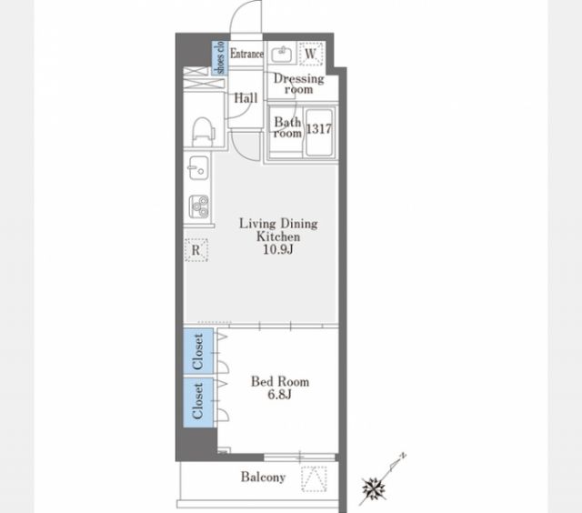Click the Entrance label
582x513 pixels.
[246, 54]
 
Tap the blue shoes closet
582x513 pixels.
[220, 57]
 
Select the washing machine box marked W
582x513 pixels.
[311, 54]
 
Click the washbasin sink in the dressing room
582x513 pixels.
[283, 55]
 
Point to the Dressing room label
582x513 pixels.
[299, 84]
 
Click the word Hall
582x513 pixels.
[246, 98]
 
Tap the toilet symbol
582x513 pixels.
[204, 132]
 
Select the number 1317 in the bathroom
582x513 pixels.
[318, 128]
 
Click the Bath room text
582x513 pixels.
[287, 127]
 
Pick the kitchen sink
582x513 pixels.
[198, 167]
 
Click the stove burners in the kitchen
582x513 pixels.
[199, 206]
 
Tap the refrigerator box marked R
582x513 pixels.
[196, 250]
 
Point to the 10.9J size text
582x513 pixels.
[278, 249]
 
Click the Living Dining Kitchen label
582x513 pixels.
[278, 230]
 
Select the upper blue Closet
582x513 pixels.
[198, 351]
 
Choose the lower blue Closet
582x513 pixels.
[198, 402]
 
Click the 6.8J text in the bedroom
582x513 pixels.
[279, 394]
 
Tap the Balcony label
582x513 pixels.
[263, 477]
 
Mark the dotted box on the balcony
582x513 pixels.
[314, 478]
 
